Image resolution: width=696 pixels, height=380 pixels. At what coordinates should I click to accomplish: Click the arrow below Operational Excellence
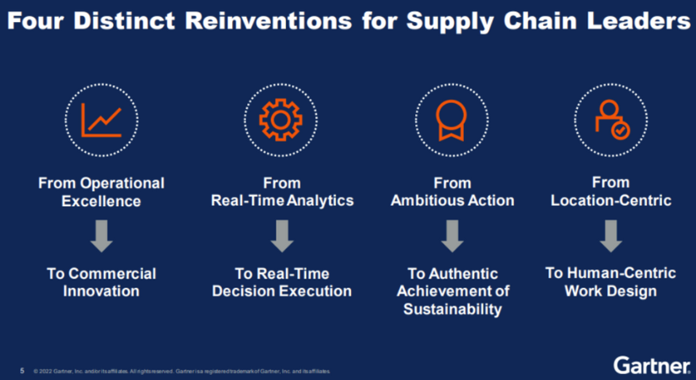click(101, 236)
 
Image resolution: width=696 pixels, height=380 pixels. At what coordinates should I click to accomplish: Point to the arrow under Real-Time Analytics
click(282, 236)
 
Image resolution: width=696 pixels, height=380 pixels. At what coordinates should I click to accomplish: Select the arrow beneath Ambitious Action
click(452, 236)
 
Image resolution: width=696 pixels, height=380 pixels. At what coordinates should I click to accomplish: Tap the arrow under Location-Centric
click(611, 236)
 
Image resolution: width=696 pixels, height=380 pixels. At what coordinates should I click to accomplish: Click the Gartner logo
click(652, 366)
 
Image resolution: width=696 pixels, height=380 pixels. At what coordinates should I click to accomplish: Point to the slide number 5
click(22, 371)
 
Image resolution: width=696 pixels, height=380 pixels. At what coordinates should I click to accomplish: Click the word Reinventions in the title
click(268, 21)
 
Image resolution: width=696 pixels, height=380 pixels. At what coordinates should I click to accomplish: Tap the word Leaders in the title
click(639, 21)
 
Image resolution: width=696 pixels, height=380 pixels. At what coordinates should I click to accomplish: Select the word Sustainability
click(452, 309)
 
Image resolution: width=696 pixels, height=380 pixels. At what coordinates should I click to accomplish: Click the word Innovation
click(101, 291)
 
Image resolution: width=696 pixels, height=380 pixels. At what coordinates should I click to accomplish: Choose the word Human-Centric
click(622, 273)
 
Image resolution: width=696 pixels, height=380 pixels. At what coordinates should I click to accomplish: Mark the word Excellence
click(101, 201)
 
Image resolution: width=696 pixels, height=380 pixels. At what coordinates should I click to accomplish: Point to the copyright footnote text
click(182, 371)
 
